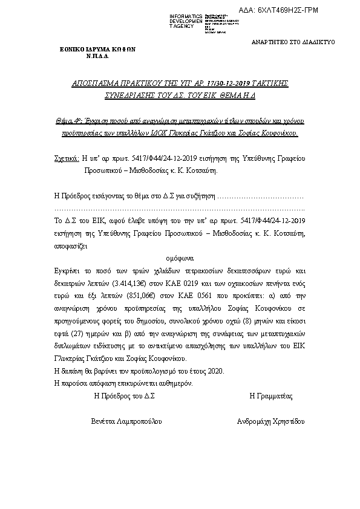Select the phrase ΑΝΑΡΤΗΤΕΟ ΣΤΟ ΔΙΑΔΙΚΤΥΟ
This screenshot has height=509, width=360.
[293, 42]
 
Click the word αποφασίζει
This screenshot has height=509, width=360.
[71, 247]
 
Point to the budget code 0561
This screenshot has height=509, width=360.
[210, 293]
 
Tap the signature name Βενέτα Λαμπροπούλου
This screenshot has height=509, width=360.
[126, 421]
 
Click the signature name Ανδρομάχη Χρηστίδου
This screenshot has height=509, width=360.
[270, 421]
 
